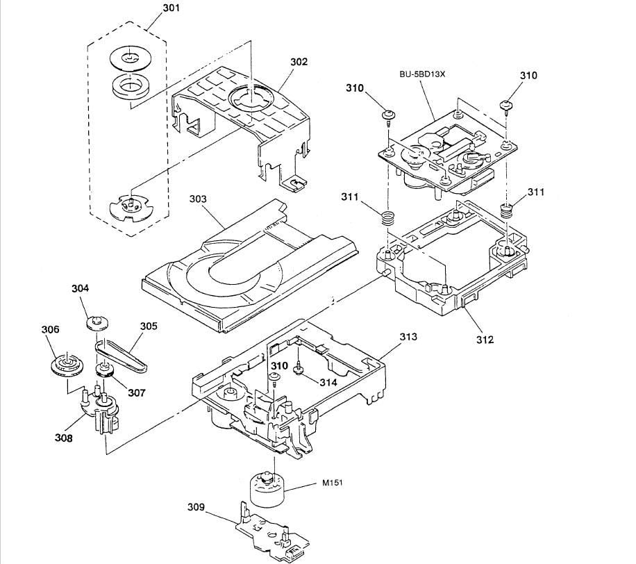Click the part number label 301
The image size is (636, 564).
coord(171,9)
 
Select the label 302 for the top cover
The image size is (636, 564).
coord(299,62)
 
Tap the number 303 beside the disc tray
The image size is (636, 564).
coord(199,199)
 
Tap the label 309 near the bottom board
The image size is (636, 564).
coord(196,508)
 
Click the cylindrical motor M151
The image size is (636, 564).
coord(268,490)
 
